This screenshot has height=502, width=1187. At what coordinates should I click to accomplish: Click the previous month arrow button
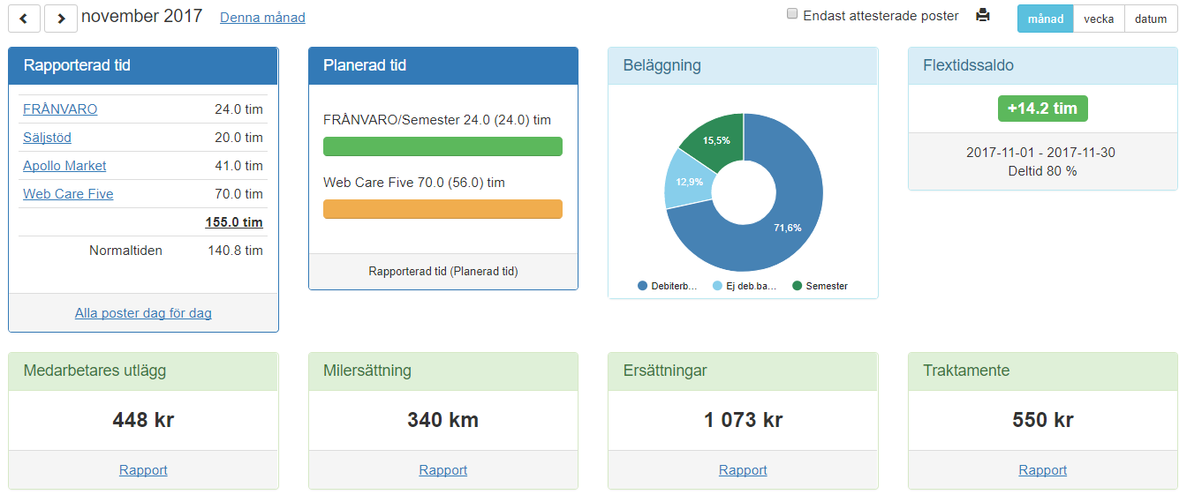coord(24,18)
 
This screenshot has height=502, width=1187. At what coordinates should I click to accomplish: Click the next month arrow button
coord(61,18)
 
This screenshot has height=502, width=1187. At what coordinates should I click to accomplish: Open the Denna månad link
coord(262,18)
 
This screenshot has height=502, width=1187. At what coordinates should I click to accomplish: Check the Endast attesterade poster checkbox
coord(792,14)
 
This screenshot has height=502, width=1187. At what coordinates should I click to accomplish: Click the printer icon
coord(982,15)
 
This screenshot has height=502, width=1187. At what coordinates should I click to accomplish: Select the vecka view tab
coord(1099,19)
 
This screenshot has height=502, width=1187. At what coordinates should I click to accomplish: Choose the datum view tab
coord(1151,19)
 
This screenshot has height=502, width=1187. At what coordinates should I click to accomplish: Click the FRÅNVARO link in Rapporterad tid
coord(60,109)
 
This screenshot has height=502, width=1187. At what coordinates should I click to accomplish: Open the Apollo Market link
coord(64,166)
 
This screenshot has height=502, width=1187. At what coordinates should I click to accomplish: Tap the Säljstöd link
coord(47,138)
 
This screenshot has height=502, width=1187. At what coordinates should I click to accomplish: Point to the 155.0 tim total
coord(234,222)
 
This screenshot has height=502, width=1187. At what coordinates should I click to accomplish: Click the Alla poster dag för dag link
coord(143,313)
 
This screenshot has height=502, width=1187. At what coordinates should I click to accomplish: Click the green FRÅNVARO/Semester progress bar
coord(442,146)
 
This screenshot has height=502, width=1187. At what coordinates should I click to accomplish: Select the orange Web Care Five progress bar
coord(442,209)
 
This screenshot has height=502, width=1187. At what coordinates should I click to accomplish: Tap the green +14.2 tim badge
coord(1042,109)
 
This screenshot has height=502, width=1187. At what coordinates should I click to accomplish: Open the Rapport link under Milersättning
coord(442,470)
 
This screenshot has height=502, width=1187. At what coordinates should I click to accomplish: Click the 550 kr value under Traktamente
coord(1042,420)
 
